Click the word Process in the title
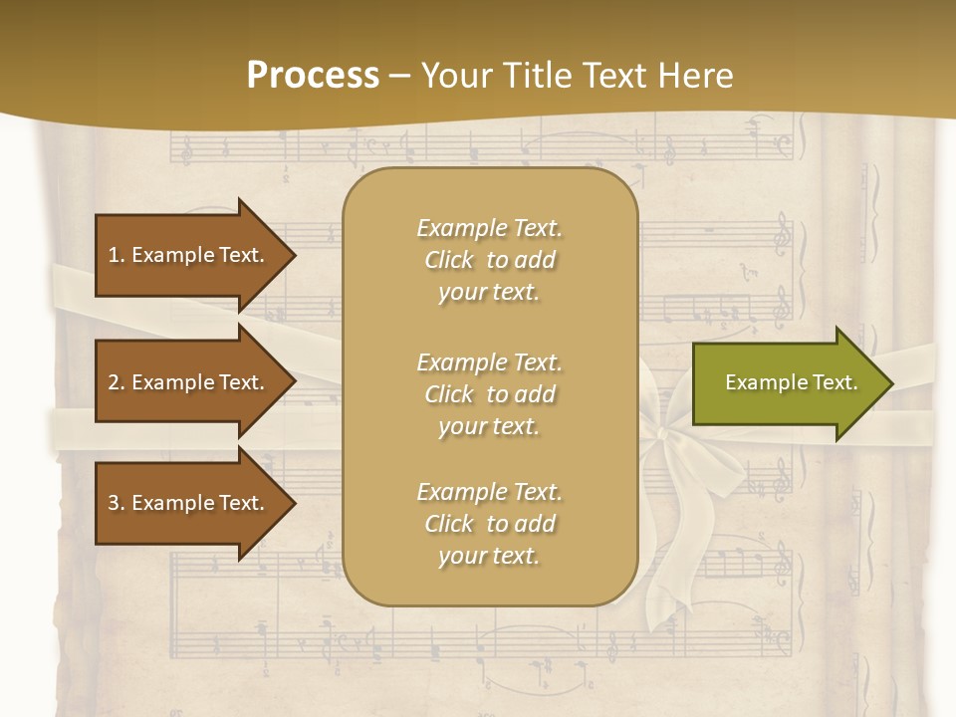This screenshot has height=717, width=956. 313,76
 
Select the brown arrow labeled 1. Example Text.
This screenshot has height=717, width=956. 186,255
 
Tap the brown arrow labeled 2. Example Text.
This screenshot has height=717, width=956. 186,382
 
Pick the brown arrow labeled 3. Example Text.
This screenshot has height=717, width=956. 186,503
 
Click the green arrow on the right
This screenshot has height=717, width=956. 791,382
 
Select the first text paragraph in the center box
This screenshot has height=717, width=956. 489,260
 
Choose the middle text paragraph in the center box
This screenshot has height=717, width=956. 489,394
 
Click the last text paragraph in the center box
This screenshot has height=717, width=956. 489,524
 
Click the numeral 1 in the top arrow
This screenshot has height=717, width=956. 113,255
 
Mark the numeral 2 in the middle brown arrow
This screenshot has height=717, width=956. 114,382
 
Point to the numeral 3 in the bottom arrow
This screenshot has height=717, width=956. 114,503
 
